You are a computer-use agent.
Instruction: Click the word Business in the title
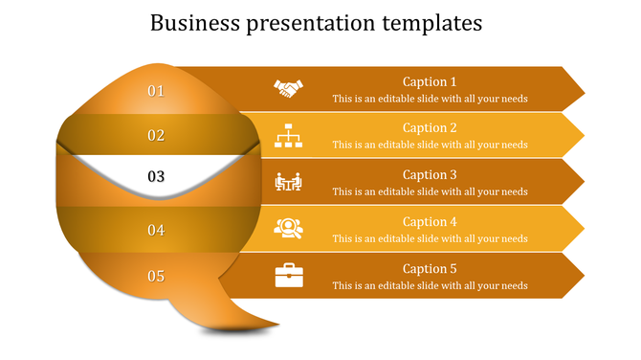pyautogui.click(x=197, y=22)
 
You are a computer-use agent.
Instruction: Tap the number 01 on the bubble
pyautogui.click(x=156, y=91)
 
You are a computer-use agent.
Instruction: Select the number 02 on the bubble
pyautogui.click(x=156, y=136)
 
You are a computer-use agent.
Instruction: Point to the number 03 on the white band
pyautogui.click(x=156, y=177)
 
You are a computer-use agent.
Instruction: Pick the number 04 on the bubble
pyautogui.click(x=156, y=230)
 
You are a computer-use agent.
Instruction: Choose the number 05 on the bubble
pyautogui.click(x=156, y=277)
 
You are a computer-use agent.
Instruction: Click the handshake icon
pyautogui.click(x=288, y=89)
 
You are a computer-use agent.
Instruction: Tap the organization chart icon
pyautogui.click(x=288, y=136)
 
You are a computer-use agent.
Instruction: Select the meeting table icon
pyautogui.click(x=288, y=182)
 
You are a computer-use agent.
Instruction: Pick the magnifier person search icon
pyautogui.click(x=288, y=228)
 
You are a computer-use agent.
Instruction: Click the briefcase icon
pyautogui.click(x=288, y=275)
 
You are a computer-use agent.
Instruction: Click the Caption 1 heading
pyautogui.click(x=430, y=82)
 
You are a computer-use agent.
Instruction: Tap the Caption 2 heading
pyautogui.click(x=430, y=128)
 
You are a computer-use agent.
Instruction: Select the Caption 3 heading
pyautogui.click(x=430, y=175)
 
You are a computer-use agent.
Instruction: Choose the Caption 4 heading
pyautogui.click(x=430, y=222)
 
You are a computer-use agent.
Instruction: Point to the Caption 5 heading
pyautogui.click(x=430, y=269)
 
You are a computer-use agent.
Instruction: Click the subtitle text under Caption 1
pyautogui.click(x=430, y=99)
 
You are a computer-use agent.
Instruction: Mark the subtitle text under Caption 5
pyautogui.click(x=430, y=285)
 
